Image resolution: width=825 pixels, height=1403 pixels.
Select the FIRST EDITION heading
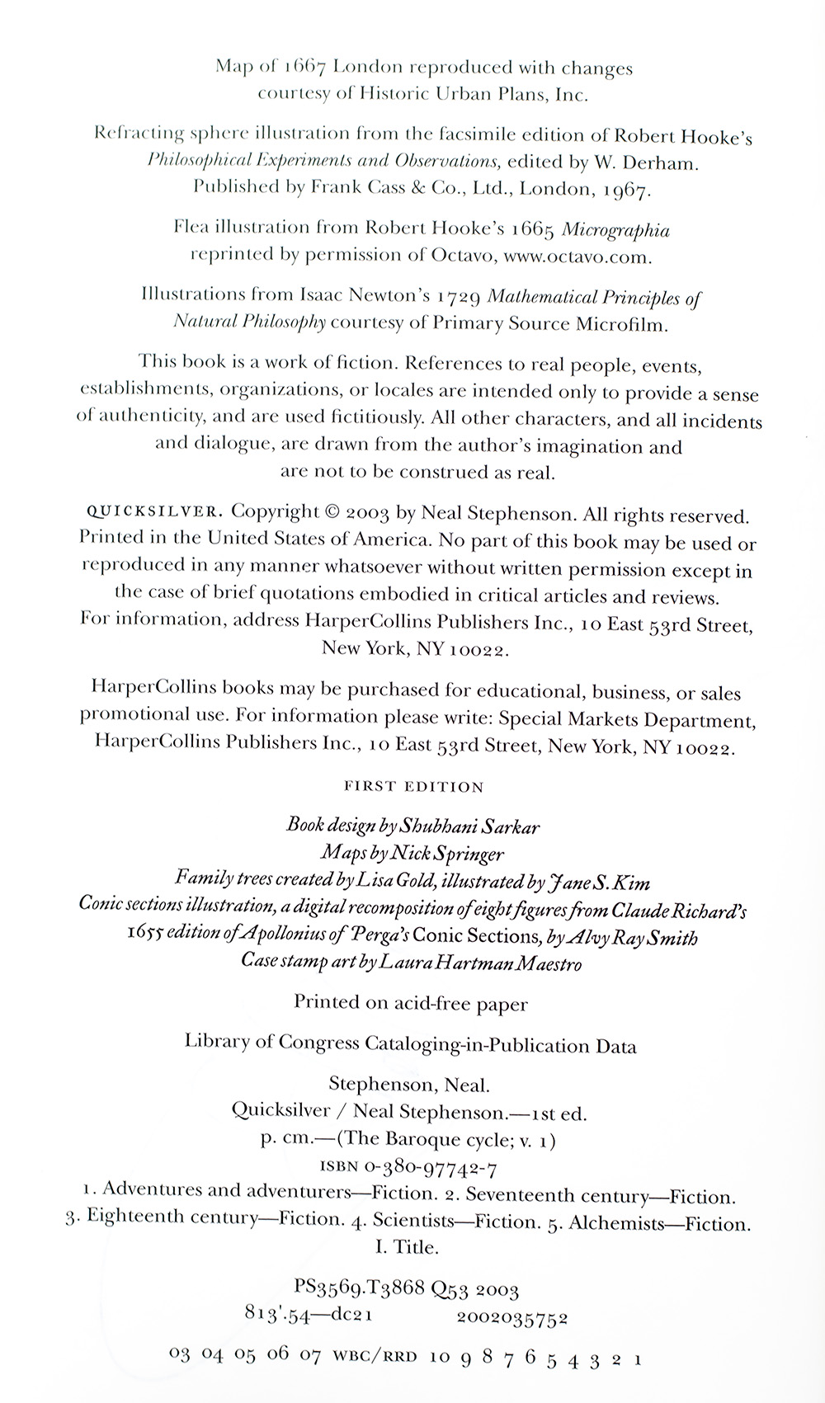pyautogui.click(x=413, y=787)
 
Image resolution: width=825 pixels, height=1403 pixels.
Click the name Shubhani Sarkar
pyautogui.click(x=471, y=826)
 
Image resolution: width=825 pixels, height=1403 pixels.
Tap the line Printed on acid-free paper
pyautogui.click(x=411, y=1004)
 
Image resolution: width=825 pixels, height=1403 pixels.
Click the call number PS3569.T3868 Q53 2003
pyautogui.click(x=406, y=1289)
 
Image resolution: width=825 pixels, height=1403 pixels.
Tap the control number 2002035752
pyautogui.click(x=511, y=1318)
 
